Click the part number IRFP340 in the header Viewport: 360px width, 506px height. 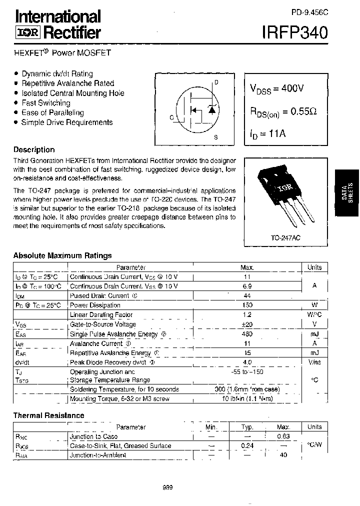point(294,33)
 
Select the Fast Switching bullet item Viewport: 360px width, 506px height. point(45,103)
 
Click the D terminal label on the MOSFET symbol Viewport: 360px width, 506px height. point(216,83)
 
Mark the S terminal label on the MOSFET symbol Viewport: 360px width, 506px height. point(215,136)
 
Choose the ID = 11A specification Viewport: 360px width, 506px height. point(268,133)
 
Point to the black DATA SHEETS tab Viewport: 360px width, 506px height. point(347,192)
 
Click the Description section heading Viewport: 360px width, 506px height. point(34,149)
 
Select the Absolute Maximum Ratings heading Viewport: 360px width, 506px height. point(62,255)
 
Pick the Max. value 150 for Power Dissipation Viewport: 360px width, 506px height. point(247,305)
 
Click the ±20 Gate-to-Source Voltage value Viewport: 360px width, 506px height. point(247,324)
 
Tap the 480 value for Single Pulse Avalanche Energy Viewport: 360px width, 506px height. point(247,334)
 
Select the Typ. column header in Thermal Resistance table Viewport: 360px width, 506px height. point(247,427)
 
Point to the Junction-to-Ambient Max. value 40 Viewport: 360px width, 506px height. point(283,455)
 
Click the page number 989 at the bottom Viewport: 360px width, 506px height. point(167,487)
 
